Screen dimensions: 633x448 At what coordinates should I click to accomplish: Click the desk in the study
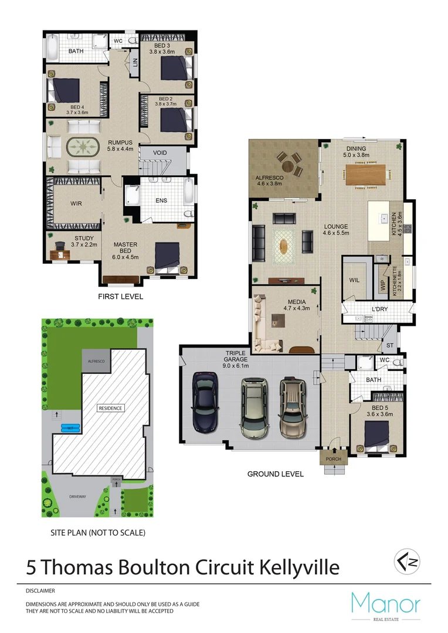[x=57, y=253]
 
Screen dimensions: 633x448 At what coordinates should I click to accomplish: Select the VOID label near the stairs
[x=161, y=153]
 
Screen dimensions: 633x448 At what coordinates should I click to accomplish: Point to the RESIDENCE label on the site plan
[x=110, y=408]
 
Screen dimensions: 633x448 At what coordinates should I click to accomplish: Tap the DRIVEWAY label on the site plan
[x=78, y=496]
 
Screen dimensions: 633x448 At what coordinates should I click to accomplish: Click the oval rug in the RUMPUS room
[x=82, y=146]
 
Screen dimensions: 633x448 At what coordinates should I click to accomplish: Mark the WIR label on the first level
[x=75, y=203]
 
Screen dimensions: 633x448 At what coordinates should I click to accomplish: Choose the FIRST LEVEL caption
[x=120, y=297]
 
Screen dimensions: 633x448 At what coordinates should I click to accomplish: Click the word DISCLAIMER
[x=40, y=591]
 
